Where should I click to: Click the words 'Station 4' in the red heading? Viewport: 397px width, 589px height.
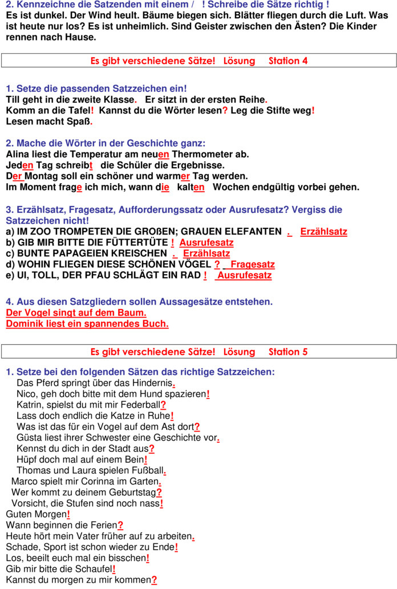click(288, 60)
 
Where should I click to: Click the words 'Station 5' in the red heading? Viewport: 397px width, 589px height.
click(288, 352)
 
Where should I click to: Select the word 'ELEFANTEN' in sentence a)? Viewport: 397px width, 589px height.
click(252, 232)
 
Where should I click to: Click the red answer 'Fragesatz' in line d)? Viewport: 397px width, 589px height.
click(253, 264)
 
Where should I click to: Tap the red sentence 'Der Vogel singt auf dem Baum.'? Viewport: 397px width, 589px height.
click(76, 313)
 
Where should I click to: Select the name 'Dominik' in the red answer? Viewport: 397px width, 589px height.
click(23, 324)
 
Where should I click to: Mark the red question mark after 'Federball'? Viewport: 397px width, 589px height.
click(163, 405)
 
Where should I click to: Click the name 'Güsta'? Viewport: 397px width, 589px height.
click(29, 438)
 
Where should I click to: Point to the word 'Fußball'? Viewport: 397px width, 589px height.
click(146, 470)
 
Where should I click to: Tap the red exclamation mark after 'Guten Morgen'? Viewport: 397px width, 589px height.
click(68, 514)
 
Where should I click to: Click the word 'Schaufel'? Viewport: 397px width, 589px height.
click(94, 569)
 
